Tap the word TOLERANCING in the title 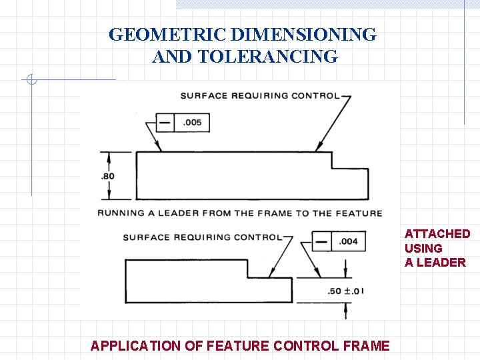coord(268,57)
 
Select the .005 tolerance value coord(192,123)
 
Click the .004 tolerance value coord(349,241)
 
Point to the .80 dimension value coord(107,176)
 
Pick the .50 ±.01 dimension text coord(346,291)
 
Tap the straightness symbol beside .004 coord(322,241)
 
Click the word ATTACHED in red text coord(437,233)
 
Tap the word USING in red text coord(423,248)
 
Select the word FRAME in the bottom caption coord(367,345)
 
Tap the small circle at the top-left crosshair coord(31,81)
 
